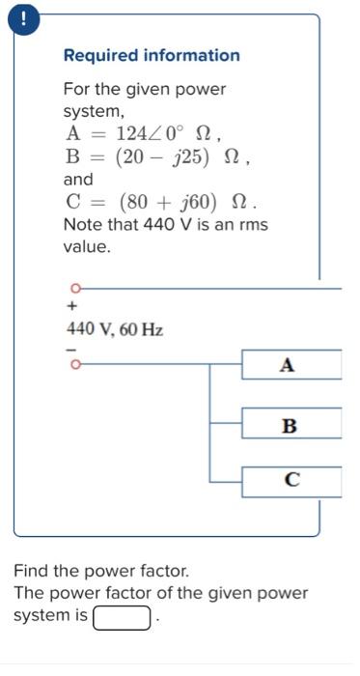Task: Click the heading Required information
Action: tap(152, 55)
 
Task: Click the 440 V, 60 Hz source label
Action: tap(114, 329)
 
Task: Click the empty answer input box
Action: tap(123, 616)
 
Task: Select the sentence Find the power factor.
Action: tap(101, 571)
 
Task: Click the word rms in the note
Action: tap(251, 224)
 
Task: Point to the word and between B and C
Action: tap(78, 180)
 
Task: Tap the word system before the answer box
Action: tap(41, 615)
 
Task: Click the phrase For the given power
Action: tap(144, 89)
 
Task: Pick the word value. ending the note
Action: tap(87, 246)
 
